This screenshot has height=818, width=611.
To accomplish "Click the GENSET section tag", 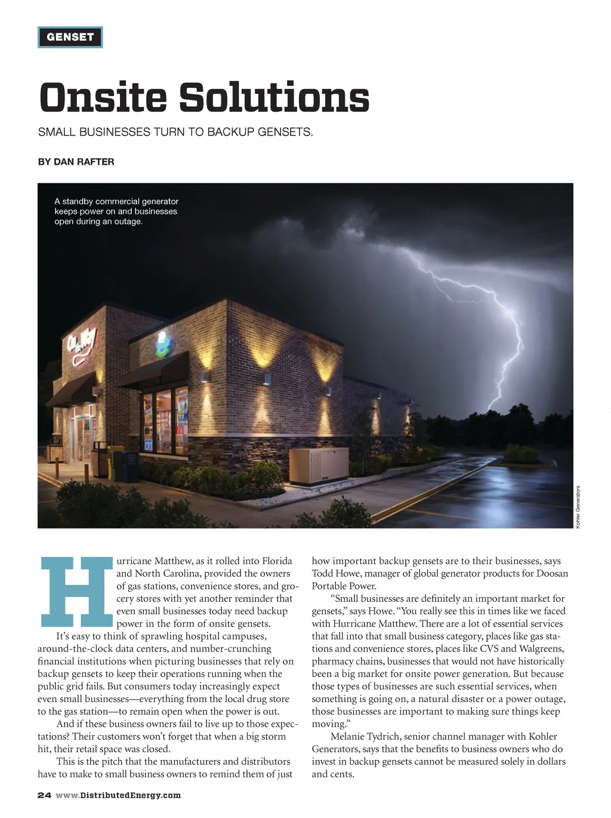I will [x=70, y=37].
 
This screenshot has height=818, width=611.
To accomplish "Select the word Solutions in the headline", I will [x=274, y=97].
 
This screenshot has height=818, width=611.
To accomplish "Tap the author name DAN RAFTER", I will [x=84, y=162].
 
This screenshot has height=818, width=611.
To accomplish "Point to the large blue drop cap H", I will [x=76, y=592].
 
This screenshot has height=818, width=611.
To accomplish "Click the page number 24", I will [x=44, y=795].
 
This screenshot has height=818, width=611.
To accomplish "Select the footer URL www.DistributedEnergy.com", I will [x=118, y=795].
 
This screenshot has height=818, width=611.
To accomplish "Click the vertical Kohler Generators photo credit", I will [x=578, y=506].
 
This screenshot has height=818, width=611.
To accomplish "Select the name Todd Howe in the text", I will [x=336, y=573].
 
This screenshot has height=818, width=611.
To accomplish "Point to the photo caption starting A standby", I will [x=116, y=211].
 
